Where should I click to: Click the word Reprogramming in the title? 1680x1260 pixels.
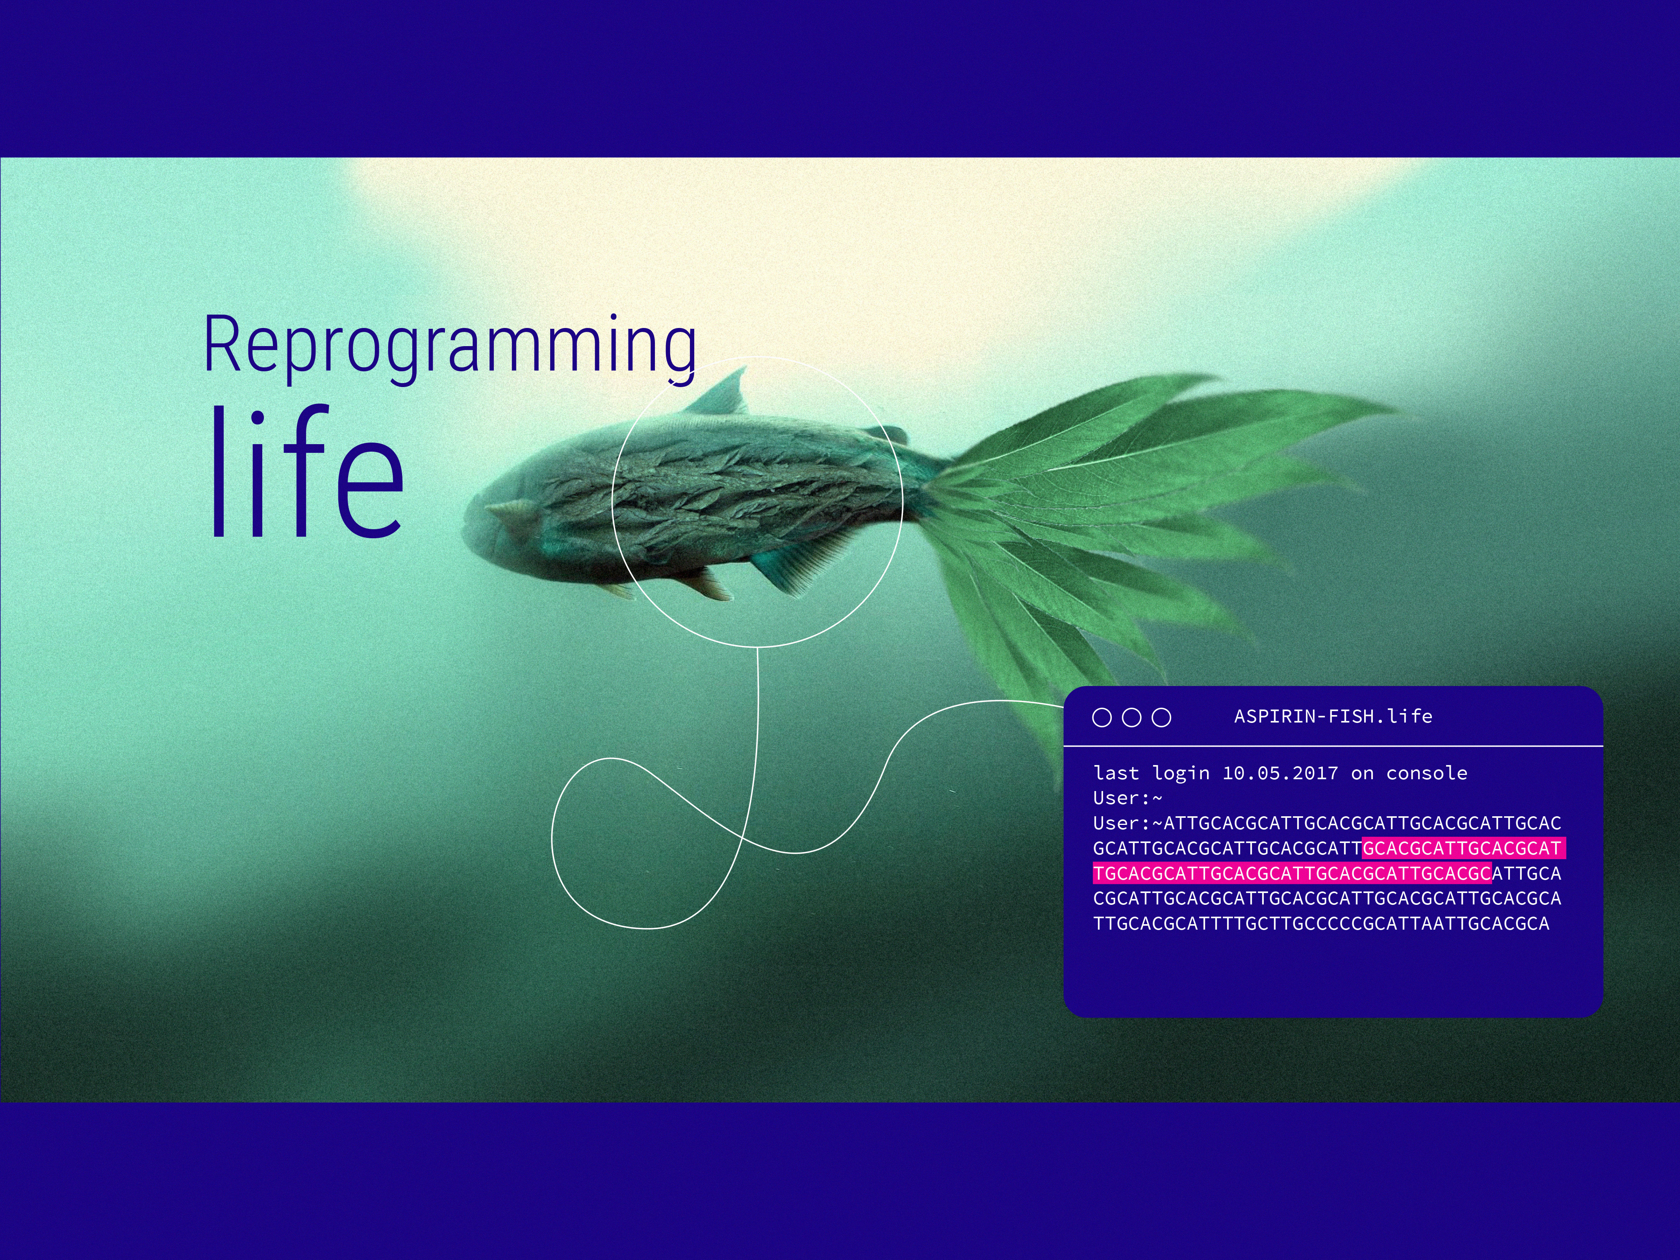tap(450, 346)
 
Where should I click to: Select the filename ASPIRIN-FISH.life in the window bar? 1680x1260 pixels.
tap(1333, 716)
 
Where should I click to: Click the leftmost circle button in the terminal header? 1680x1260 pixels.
tap(1101, 717)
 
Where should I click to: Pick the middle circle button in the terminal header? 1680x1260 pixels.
tap(1132, 717)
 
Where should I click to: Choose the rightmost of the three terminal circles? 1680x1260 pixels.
tap(1161, 717)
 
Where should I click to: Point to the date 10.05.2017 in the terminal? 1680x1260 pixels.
tap(1280, 773)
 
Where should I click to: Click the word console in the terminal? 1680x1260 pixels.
tap(1426, 773)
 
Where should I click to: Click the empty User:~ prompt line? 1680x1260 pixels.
tap(1127, 798)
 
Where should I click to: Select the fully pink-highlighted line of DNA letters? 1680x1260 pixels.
tap(1292, 873)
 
